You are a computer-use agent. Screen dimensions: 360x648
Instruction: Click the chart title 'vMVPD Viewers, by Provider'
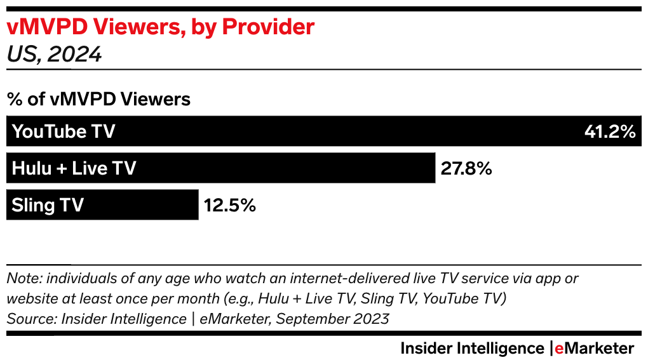click(160, 27)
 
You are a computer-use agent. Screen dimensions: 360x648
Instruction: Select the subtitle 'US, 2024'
click(54, 55)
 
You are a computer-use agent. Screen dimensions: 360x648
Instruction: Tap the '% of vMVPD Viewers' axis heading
click(98, 100)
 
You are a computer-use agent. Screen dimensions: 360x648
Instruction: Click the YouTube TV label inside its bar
click(64, 131)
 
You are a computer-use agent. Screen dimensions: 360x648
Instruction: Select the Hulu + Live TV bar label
click(74, 168)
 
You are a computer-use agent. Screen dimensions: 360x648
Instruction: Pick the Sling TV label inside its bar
click(48, 205)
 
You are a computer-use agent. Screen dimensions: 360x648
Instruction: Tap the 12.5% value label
click(229, 205)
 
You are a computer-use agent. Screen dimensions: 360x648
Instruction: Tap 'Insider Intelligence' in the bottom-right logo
click(472, 349)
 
